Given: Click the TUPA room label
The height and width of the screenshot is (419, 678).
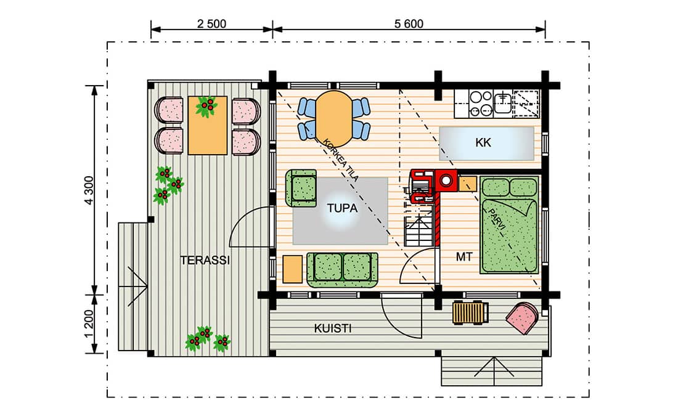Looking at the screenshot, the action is [342, 208].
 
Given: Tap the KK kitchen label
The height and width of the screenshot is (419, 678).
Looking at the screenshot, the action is [483, 143].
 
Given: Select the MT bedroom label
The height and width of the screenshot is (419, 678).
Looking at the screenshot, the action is [464, 258].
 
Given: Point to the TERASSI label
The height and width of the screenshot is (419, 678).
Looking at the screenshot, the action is [205, 260].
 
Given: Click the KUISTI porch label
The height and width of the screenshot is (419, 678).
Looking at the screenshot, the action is [332, 328].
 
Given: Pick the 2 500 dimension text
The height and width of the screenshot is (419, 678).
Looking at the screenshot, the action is [211, 24].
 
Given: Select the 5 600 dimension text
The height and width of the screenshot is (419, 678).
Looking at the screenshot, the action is [409, 24].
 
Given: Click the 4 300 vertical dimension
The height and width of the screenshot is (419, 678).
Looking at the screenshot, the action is [89, 190].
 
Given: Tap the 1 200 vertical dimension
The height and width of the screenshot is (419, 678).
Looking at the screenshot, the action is [89, 324].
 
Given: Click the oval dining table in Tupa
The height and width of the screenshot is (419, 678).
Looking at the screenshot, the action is [333, 118].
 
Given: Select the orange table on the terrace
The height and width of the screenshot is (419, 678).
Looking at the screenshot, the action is [208, 126].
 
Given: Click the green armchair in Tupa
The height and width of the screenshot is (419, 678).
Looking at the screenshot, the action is [301, 188].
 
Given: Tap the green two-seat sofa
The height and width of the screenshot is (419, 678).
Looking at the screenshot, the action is [342, 271].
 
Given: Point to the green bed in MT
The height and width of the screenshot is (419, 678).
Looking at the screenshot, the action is [509, 224].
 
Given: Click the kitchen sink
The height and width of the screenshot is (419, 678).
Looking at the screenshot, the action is [503, 104].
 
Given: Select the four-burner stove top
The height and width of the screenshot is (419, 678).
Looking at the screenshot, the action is [480, 104].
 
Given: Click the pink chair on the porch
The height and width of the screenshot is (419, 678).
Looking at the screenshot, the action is [523, 318].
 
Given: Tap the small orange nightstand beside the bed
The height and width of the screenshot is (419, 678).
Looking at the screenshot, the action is [467, 184].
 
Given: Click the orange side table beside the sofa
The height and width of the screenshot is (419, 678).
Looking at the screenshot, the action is [292, 269].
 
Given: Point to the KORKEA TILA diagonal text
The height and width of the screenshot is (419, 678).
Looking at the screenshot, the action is [341, 160].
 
